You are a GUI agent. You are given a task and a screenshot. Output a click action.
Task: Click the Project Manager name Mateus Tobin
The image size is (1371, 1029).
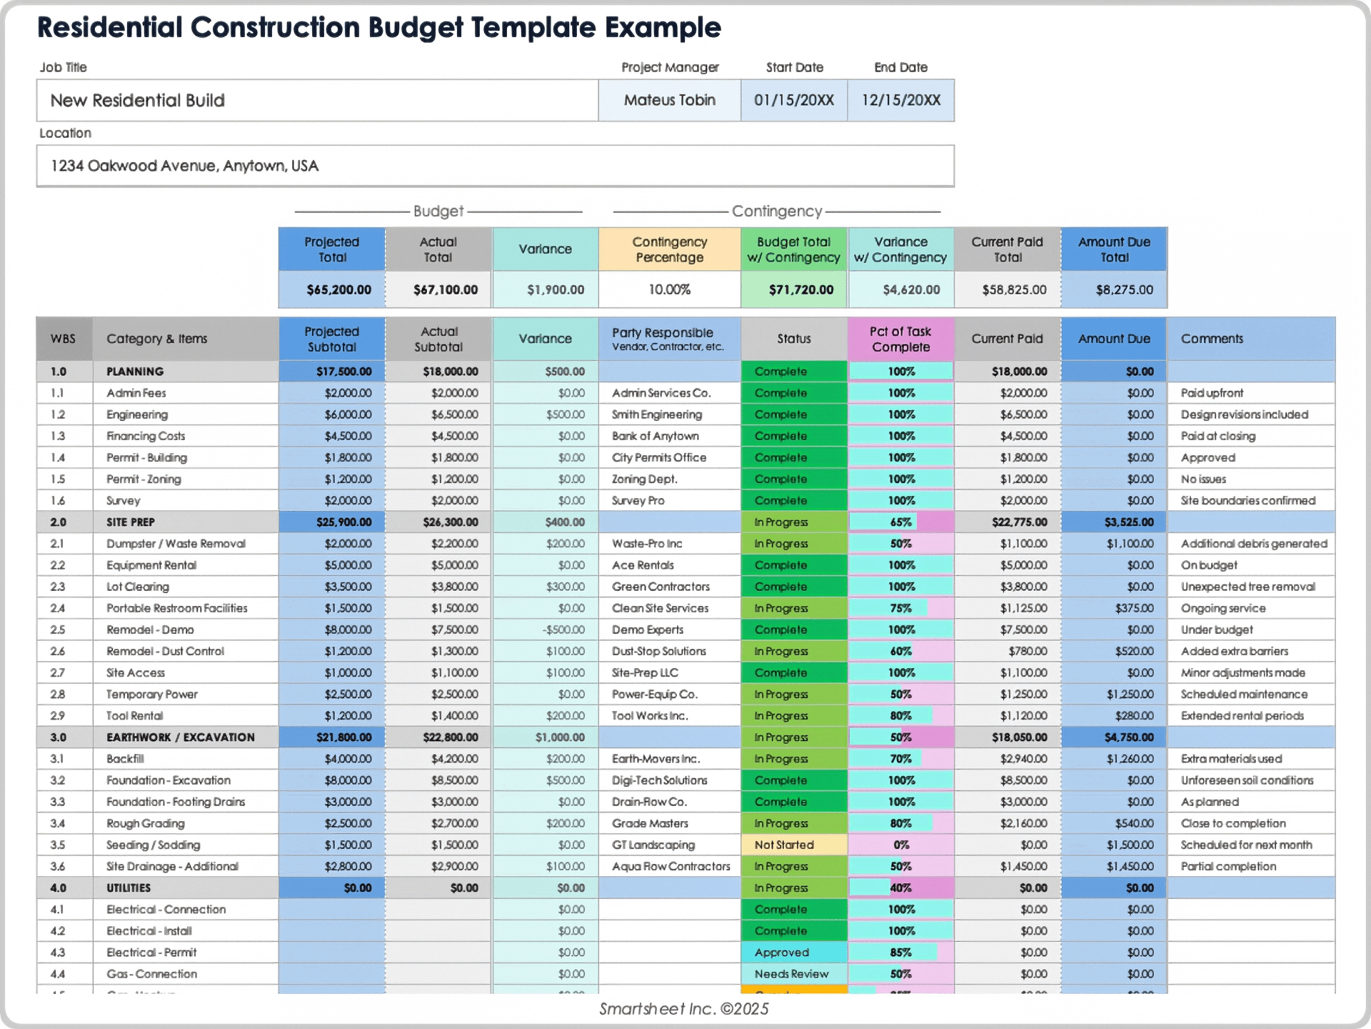(x=669, y=100)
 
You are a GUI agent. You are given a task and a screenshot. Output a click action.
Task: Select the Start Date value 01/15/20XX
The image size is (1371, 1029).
(x=793, y=100)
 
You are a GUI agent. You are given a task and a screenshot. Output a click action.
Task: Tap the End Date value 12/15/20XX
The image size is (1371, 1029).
(x=900, y=100)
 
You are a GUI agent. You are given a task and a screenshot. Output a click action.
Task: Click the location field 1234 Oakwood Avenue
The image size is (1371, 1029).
(x=184, y=166)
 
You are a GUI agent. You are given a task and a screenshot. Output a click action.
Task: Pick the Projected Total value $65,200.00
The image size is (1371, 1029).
(x=338, y=289)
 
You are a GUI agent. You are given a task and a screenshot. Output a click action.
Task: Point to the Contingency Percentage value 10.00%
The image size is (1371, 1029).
(x=669, y=289)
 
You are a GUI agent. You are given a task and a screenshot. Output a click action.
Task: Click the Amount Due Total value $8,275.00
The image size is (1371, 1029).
(x=1124, y=289)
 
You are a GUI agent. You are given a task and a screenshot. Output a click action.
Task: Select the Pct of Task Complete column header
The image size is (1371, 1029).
(x=900, y=339)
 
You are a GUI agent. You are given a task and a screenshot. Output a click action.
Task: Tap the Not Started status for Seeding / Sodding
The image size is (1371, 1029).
(x=785, y=845)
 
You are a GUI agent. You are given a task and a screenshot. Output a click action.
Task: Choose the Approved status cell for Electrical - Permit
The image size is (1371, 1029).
(x=782, y=953)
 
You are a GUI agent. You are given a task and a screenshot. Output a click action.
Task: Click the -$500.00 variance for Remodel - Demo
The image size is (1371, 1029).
(x=563, y=630)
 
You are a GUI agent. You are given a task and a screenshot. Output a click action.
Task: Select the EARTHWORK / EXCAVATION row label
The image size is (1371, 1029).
(x=180, y=737)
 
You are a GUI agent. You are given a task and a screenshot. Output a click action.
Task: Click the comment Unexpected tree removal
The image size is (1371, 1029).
(x=1247, y=587)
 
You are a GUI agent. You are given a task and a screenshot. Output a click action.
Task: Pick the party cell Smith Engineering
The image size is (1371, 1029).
(x=656, y=414)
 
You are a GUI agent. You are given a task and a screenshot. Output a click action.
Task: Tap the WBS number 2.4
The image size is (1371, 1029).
(x=58, y=608)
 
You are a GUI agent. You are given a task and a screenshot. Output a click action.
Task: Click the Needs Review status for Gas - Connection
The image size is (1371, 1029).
(x=791, y=974)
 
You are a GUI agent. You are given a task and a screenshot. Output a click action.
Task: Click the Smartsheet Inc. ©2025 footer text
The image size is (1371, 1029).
(x=683, y=1008)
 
